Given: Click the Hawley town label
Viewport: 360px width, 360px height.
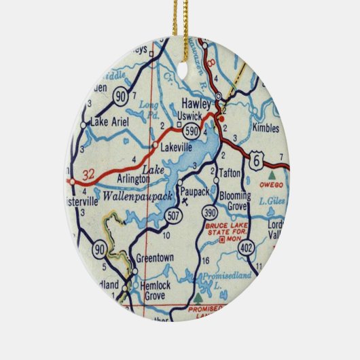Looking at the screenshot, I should tap(196, 104).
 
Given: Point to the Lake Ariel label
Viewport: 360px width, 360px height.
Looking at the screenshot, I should tap(105, 124).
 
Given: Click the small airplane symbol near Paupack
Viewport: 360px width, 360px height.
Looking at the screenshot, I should tap(184, 201).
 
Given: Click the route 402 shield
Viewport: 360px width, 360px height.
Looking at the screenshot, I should tap(247, 249).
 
